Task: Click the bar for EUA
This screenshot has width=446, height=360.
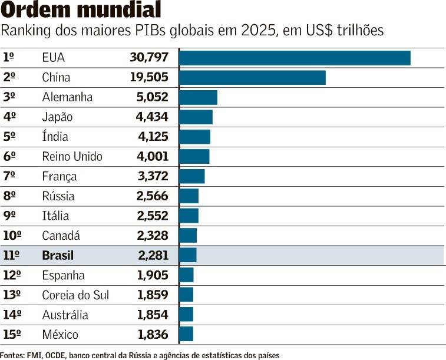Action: [295, 58]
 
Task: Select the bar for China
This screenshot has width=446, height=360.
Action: [252, 78]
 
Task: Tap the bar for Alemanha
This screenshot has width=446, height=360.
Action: [198, 97]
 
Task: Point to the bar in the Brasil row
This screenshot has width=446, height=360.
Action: [188, 255]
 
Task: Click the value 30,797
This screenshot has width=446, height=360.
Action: [149, 58]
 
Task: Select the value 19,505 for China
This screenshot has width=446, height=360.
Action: [149, 78]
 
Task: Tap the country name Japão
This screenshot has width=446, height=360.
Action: [57, 117]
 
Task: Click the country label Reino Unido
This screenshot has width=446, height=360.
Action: [72, 157]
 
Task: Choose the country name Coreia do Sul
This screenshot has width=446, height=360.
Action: [75, 295]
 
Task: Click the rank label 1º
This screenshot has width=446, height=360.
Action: [9, 58]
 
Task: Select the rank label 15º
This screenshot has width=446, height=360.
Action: [12, 335]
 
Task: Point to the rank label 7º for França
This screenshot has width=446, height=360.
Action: [9, 176]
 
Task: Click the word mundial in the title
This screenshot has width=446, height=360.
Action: [120, 10]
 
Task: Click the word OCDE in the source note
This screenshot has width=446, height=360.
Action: [56, 355]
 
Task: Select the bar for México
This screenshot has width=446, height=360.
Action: [186, 334]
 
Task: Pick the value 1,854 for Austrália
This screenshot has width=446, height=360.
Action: [153, 315]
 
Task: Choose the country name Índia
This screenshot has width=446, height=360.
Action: [55, 137]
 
